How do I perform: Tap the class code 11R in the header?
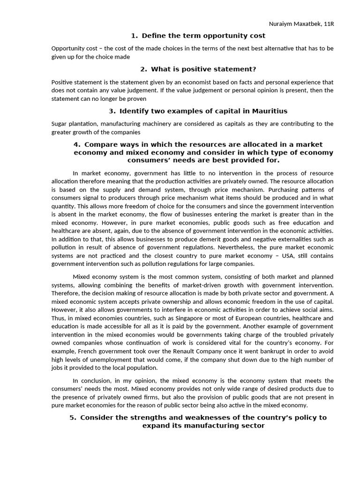[x=328, y=24]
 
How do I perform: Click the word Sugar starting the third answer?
[x=60, y=124]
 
